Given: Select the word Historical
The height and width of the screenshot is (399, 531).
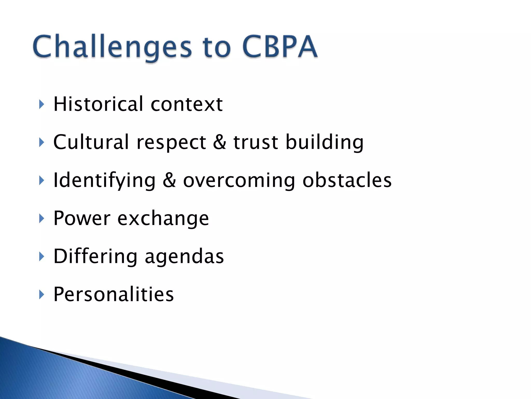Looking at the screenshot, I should pyautogui.click(x=98, y=104).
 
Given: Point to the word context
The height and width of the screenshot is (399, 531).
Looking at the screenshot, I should pyautogui.click(x=186, y=104).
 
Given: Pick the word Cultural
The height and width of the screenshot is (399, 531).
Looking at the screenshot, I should pyautogui.click(x=91, y=142).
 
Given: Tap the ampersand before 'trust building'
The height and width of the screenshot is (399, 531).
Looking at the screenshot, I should pyautogui.click(x=220, y=142).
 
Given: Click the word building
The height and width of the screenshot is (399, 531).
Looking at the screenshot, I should pyautogui.click(x=324, y=143).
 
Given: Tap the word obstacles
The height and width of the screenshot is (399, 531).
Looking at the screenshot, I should pyautogui.click(x=347, y=180).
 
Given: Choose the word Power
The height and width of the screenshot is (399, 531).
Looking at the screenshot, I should pyautogui.click(x=82, y=218).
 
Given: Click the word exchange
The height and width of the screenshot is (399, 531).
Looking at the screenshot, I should pyautogui.click(x=163, y=219).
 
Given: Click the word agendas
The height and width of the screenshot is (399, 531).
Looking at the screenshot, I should pyautogui.click(x=184, y=257).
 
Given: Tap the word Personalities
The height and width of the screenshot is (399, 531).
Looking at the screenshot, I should pyautogui.click(x=113, y=294).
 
